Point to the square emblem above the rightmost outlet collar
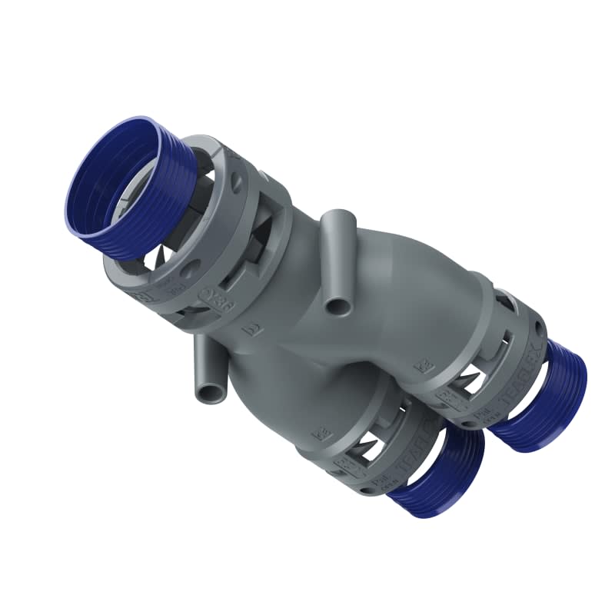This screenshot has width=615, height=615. [x=420, y=366]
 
